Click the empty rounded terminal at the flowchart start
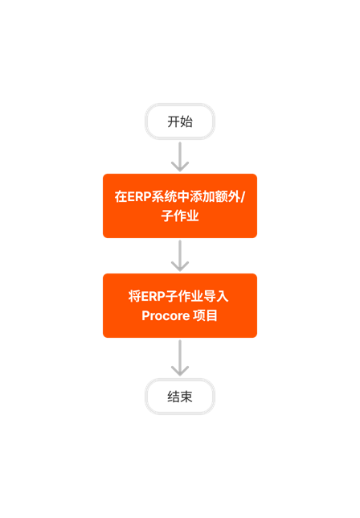point(180,121)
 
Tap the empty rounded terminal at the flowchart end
point(180,397)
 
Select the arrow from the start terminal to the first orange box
point(180,156)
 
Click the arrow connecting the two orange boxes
point(180,256)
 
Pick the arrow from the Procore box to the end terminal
point(180,357)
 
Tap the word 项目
point(207,316)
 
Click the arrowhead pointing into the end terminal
point(180,371)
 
